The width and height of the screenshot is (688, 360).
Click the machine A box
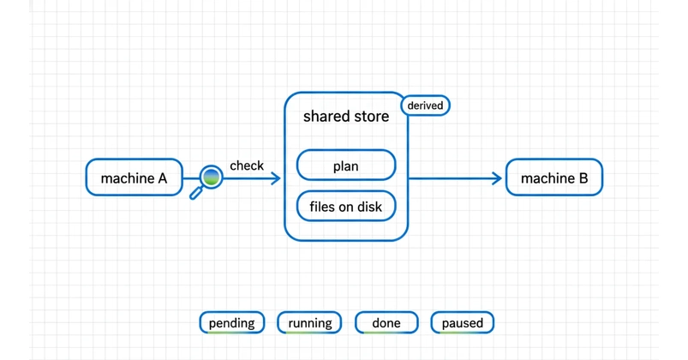tap(134, 177)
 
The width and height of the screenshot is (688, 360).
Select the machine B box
tap(554, 177)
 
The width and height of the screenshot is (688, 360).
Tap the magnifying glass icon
tap(206, 182)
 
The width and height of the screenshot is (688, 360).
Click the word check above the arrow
tap(247, 165)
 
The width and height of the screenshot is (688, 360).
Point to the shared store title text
tap(346, 117)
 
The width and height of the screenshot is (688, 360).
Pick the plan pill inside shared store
tap(346, 165)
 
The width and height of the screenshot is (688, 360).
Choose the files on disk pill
tap(346, 206)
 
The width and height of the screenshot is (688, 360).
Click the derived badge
tap(425, 105)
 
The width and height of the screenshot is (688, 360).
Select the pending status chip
tap(231, 322)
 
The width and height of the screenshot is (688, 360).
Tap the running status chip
tap(309, 322)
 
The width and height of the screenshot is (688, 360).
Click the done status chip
tap(386, 322)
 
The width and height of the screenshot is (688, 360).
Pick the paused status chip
tap(463, 322)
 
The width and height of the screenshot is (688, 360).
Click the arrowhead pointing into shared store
tap(276, 178)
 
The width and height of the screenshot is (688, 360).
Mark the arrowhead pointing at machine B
tap(498, 178)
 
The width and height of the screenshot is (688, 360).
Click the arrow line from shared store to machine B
tap(456, 178)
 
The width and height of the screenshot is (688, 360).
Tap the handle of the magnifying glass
tap(195, 193)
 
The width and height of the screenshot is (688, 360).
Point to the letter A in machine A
tap(162, 178)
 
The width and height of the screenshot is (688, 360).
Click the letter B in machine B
tap(583, 178)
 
